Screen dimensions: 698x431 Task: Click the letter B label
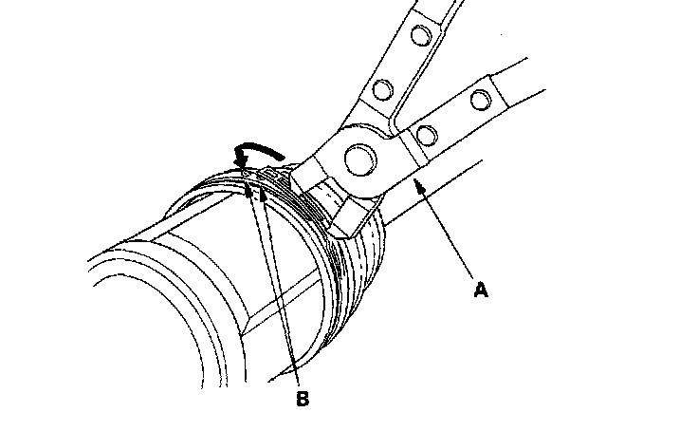tap(302, 399)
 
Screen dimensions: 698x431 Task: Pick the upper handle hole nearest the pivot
tap(382, 90)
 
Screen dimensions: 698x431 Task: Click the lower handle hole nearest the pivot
tap(426, 134)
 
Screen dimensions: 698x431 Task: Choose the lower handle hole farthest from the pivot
tap(480, 98)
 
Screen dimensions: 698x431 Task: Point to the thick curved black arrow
tap(254, 151)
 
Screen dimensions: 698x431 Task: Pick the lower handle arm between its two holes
tap(453, 116)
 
